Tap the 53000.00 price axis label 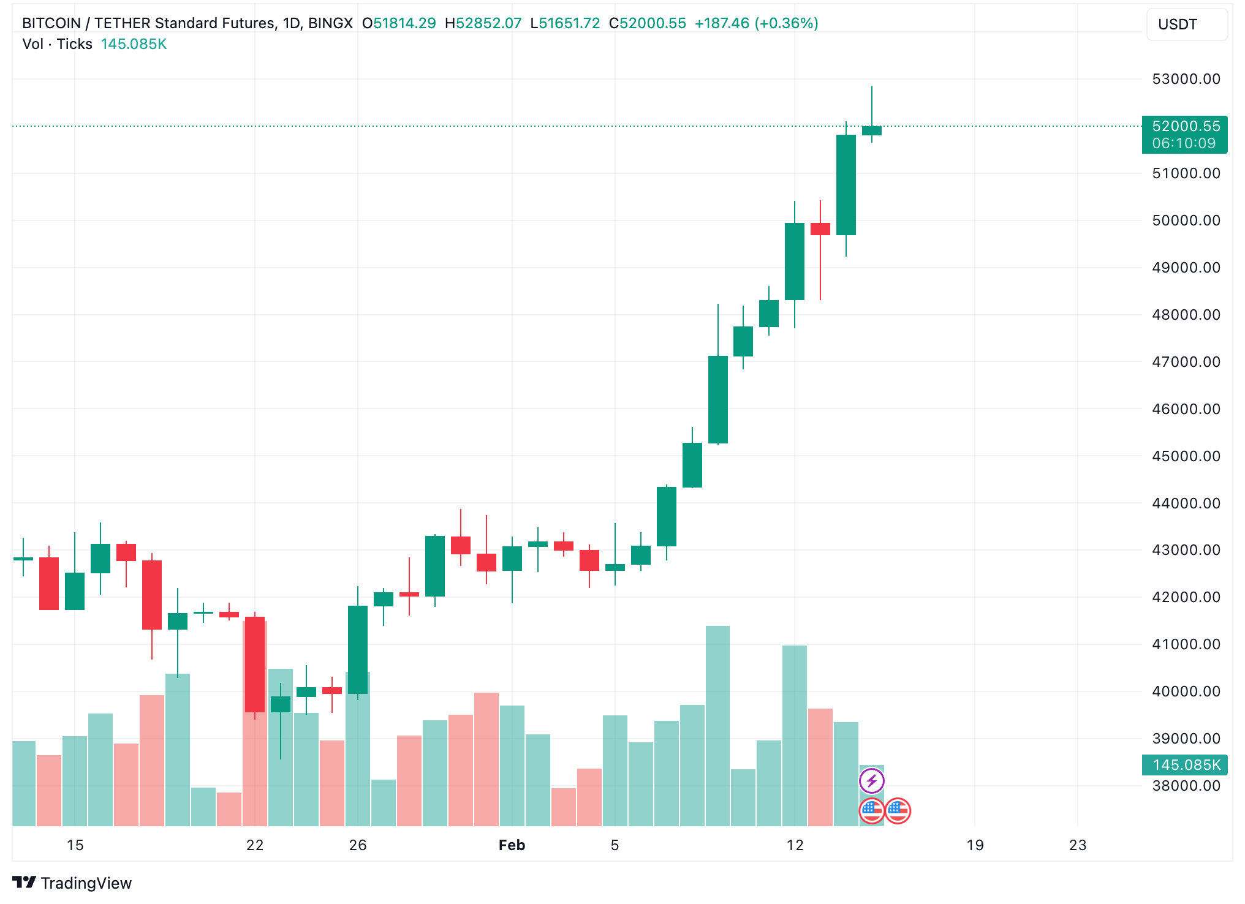pos(1186,79)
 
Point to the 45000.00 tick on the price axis pos(1186,456)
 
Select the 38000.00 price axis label pos(1186,786)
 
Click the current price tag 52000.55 pos(1185,127)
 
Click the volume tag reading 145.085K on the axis pos(1185,765)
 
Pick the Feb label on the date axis pos(512,845)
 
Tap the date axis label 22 pos(255,845)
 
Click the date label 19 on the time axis pos(975,845)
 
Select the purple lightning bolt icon pos(871,781)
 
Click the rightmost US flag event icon pos(898,811)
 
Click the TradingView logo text pos(86,883)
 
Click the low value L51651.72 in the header pos(565,23)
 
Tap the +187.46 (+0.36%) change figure pos(756,23)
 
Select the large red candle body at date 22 pos(255,665)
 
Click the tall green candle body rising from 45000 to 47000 pos(718,399)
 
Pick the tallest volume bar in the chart pos(718,726)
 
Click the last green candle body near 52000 pos(871,130)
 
